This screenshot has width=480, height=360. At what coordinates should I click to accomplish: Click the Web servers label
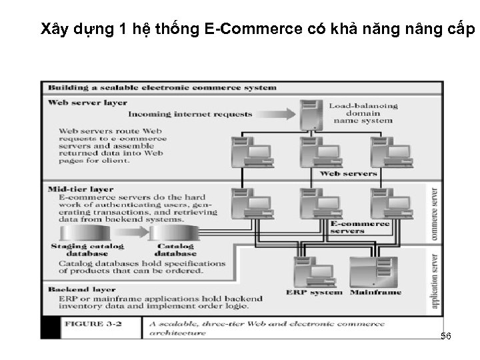pos(348,173)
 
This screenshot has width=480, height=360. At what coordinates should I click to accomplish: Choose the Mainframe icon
pos(373,271)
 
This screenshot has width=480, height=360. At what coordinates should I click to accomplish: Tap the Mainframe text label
pos(375,292)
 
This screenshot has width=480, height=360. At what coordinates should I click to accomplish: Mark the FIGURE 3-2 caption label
pos(93,325)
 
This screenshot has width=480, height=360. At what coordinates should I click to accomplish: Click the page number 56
pos(446,337)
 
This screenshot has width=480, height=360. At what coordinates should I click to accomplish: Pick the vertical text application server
pos(435,281)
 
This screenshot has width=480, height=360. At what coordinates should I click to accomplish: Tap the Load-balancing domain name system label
pos(363,113)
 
